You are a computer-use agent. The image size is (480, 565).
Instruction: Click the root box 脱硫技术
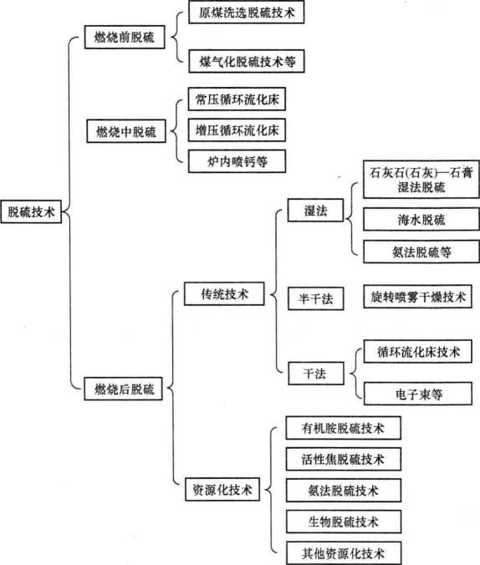[x=31, y=211]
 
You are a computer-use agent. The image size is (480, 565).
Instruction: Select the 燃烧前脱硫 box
[x=125, y=37]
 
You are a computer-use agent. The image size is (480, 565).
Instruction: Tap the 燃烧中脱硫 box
[x=126, y=131]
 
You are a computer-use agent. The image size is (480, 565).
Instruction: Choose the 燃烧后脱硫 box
[x=123, y=389]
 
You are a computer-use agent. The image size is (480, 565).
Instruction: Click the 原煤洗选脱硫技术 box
[x=247, y=13]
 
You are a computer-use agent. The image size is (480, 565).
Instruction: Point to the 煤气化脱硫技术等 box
[x=247, y=61]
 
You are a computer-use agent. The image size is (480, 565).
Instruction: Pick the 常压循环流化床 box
[x=237, y=99]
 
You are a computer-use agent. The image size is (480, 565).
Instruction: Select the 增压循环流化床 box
[x=237, y=130]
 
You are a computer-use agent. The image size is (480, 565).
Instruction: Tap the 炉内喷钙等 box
[x=237, y=161]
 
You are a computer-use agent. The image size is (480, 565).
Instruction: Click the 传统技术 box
[x=224, y=293]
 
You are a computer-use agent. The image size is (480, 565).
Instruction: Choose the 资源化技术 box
[x=222, y=489]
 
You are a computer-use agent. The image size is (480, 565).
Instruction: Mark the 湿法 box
[x=315, y=210]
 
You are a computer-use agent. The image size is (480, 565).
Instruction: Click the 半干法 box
[x=316, y=298]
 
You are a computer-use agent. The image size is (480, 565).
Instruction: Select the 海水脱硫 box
[x=421, y=219]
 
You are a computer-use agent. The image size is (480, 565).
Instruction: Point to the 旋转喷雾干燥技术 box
[x=418, y=297]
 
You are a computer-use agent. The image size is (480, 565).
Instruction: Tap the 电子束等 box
[x=418, y=394]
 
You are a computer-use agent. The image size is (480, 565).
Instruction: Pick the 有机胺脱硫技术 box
[x=344, y=428]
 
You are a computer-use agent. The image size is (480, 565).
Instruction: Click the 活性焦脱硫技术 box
[x=344, y=459]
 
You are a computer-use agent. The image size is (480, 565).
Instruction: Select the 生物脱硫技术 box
[x=344, y=522]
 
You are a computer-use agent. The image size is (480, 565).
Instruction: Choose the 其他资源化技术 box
[x=344, y=552]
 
